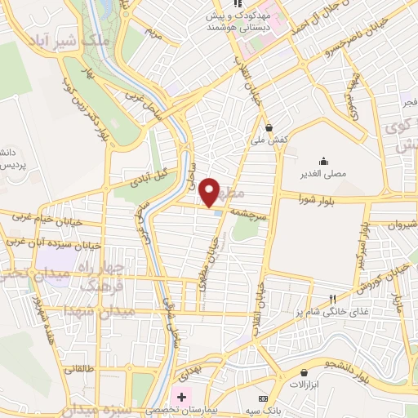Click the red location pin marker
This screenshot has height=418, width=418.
pos(210,191)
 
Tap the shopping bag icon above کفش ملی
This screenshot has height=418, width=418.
pos(269,127)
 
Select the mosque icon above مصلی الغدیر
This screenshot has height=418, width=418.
pos(324,160)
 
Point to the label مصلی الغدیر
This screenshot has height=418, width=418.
pos(324,174)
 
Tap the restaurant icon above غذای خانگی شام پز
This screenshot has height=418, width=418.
pos(331,298)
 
